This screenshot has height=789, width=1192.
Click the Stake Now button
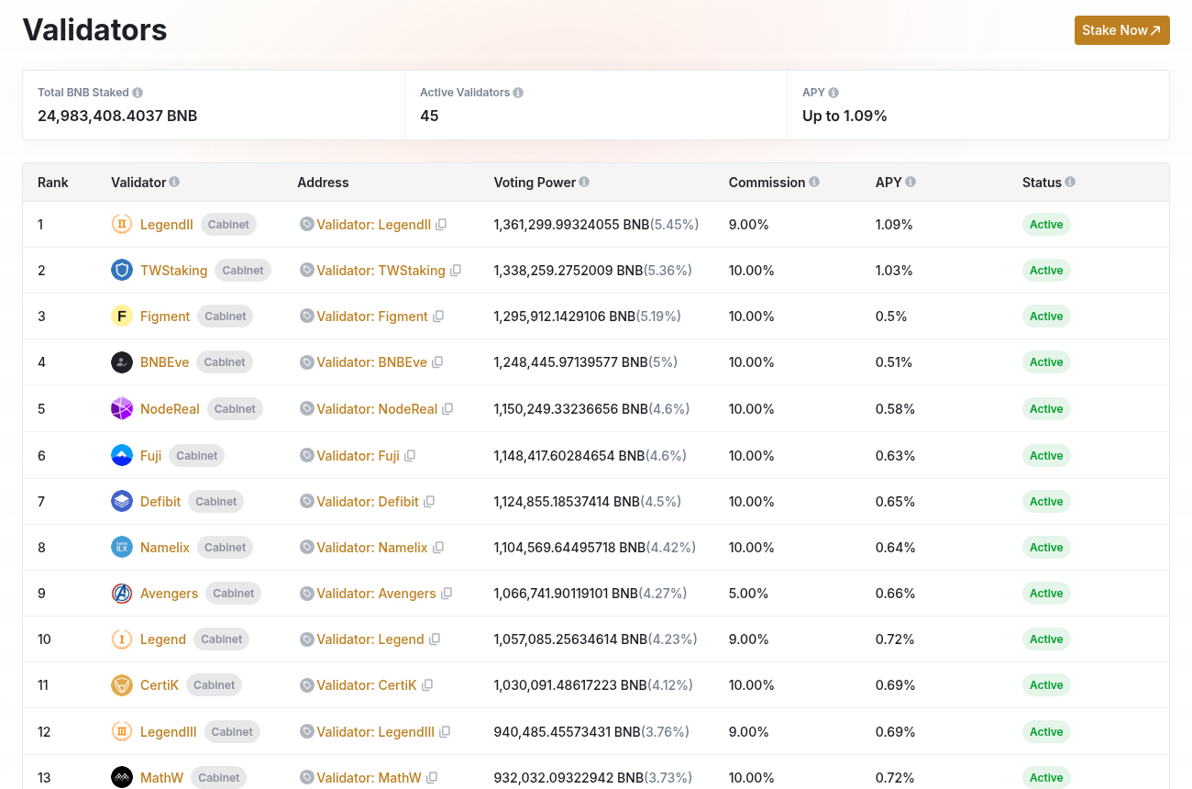(1121, 30)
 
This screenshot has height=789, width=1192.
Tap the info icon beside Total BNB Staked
(138, 93)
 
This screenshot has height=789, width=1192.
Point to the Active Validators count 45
(429, 116)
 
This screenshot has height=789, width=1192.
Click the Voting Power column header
(535, 182)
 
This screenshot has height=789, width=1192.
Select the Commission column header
(767, 182)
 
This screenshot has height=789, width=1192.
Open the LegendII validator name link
(167, 225)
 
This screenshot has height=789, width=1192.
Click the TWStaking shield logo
(122, 270)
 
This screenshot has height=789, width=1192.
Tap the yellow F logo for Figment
(122, 316)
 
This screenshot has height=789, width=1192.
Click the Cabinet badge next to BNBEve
(225, 362)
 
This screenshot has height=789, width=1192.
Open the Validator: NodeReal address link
(377, 409)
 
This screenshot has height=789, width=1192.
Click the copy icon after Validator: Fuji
(410, 456)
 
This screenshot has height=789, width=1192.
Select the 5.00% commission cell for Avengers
(748, 593)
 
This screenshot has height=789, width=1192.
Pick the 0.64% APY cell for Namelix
(895, 548)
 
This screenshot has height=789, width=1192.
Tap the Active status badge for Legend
(1046, 639)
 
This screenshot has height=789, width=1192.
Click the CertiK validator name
(160, 684)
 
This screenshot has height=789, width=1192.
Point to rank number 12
(44, 731)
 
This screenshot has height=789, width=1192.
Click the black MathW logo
(122, 777)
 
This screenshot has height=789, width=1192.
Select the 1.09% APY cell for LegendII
(893, 225)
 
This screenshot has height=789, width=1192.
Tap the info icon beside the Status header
(1070, 182)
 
